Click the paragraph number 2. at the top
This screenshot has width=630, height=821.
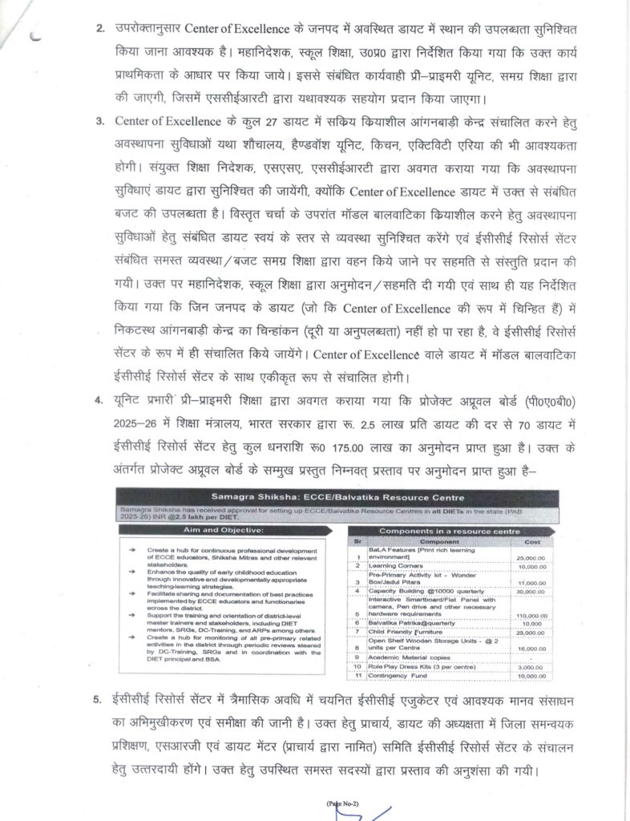click(x=100, y=30)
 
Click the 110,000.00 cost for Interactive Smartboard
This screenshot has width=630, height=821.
click(x=531, y=616)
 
